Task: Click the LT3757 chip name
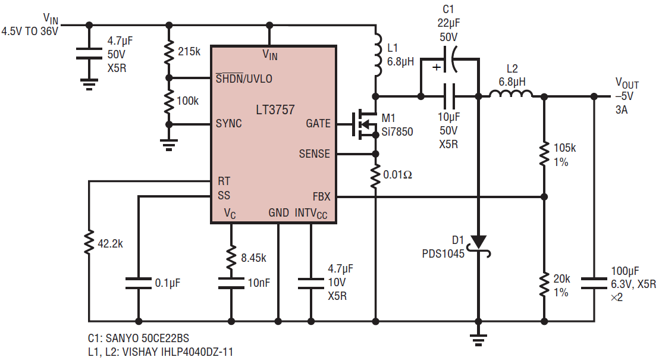coord(275,109)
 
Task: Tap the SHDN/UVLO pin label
coord(244,78)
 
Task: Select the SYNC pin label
coord(228,123)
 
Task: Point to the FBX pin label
coord(322,196)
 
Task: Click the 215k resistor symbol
coord(169,52)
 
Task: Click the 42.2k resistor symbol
coord(89,243)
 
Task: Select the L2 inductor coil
coord(511,93)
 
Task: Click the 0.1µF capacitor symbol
coord(138,283)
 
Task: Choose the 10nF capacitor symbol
coord(231,283)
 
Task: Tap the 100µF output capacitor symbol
coord(594,283)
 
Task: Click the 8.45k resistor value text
coord(253,258)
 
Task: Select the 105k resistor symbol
coord(544,154)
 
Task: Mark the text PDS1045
coord(443,253)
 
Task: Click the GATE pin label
coord(318,123)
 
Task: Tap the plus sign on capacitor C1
coord(437,67)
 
